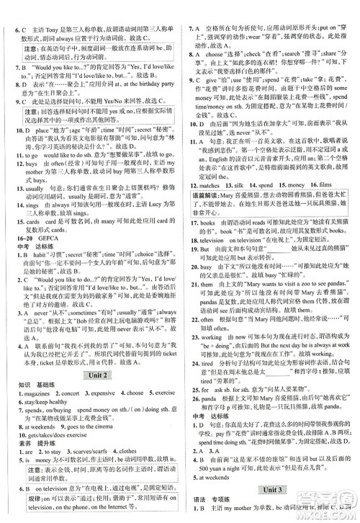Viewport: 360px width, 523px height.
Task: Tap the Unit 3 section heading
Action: tap(272, 493)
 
